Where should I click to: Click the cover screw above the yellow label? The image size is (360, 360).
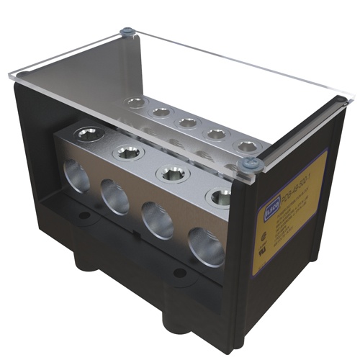tap(251, 164)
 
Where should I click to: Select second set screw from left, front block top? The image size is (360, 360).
tap(129, 150)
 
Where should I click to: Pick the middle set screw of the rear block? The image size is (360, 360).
tap(188, 122)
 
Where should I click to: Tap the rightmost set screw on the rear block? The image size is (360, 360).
tap(247, 146)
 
